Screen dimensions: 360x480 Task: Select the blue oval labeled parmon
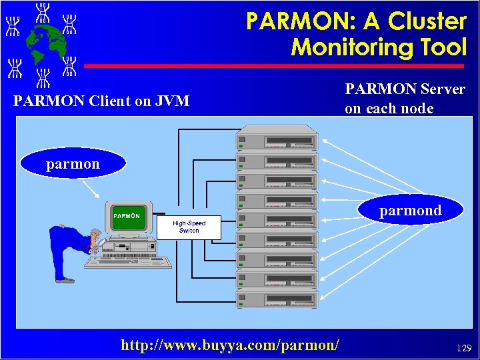[x=73, y=163]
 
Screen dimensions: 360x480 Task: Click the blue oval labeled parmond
[x=410, y=210]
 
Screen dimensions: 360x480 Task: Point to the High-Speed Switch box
[x=189, y=227]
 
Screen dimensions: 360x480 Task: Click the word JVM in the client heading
[x=172, y=101]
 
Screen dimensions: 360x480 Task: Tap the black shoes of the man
[x=65, y=281]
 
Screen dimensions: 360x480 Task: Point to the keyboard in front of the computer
[x=123, y=262]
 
